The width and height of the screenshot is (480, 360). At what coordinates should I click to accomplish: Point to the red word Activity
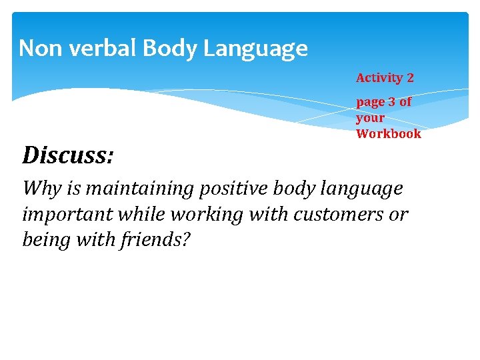[x=379, y=78]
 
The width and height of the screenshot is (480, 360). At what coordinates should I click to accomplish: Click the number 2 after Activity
[x=410, y=78]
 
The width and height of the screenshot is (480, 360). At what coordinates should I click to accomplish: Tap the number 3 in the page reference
[x=391, y=102]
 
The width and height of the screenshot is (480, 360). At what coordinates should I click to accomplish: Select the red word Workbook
[x=388, y=133]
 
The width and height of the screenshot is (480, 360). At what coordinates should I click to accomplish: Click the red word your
[x=370, y=118]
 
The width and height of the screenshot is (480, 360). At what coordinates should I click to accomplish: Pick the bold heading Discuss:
[x=67, y=156]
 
